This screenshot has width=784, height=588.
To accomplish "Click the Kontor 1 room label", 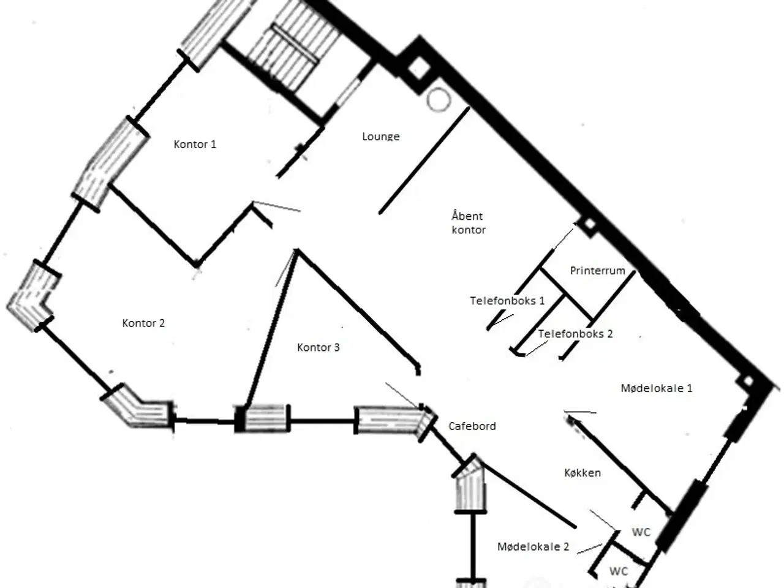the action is tap(195, 144).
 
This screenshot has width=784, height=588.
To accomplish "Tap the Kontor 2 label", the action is tap(143, 323).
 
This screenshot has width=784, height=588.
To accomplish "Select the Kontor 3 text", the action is tap(318, 347).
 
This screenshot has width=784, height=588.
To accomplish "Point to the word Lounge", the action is tap(381, 137).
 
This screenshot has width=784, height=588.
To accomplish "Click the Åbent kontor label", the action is tap(469, 223).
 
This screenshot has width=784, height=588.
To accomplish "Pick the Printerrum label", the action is tap(598, 271).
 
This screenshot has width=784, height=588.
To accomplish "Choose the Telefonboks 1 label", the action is tap(507, 301).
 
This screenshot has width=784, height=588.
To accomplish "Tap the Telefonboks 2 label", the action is tap(575, 334).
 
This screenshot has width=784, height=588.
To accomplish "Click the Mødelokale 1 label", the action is tap(657, 388).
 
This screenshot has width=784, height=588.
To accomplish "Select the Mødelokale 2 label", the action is tap(533, 546).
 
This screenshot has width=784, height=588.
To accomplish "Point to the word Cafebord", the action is tap(472, 426).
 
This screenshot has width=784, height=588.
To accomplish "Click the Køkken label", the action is tap(582, 473).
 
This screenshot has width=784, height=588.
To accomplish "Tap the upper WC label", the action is tap(641, 532).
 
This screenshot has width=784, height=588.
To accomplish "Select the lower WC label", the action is tap(619, 571).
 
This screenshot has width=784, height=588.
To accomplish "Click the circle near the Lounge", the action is tap(439, 100).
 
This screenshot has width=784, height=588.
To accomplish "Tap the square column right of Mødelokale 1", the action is tap(748, 382).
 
